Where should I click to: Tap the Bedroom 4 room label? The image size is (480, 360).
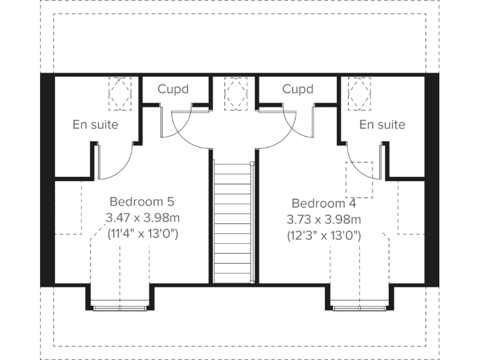324,204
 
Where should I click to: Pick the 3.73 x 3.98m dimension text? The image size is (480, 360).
324,220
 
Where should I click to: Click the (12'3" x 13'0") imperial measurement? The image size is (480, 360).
324,236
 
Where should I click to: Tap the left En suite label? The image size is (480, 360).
96,124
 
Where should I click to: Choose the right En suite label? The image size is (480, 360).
382,124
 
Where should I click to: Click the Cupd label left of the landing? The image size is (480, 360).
173,89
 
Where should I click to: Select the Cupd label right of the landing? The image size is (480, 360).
297,89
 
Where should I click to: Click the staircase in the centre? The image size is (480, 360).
234,222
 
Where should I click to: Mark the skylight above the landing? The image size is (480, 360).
236,93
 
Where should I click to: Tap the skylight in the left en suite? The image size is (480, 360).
120,93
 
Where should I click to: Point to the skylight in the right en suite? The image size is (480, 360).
359,93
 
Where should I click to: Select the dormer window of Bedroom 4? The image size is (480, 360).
359,306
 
